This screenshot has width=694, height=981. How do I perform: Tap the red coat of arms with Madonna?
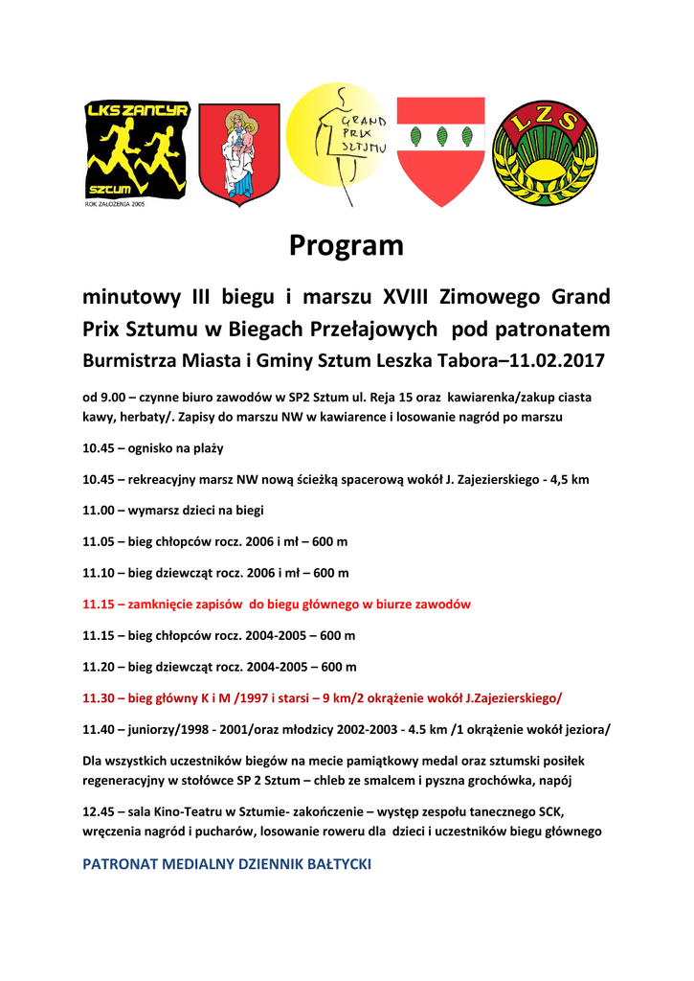click(x=238, y=154)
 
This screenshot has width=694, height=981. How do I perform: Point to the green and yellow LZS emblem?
click(x=544, y=153)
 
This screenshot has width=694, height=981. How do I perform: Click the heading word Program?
click(x=347, y=246)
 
